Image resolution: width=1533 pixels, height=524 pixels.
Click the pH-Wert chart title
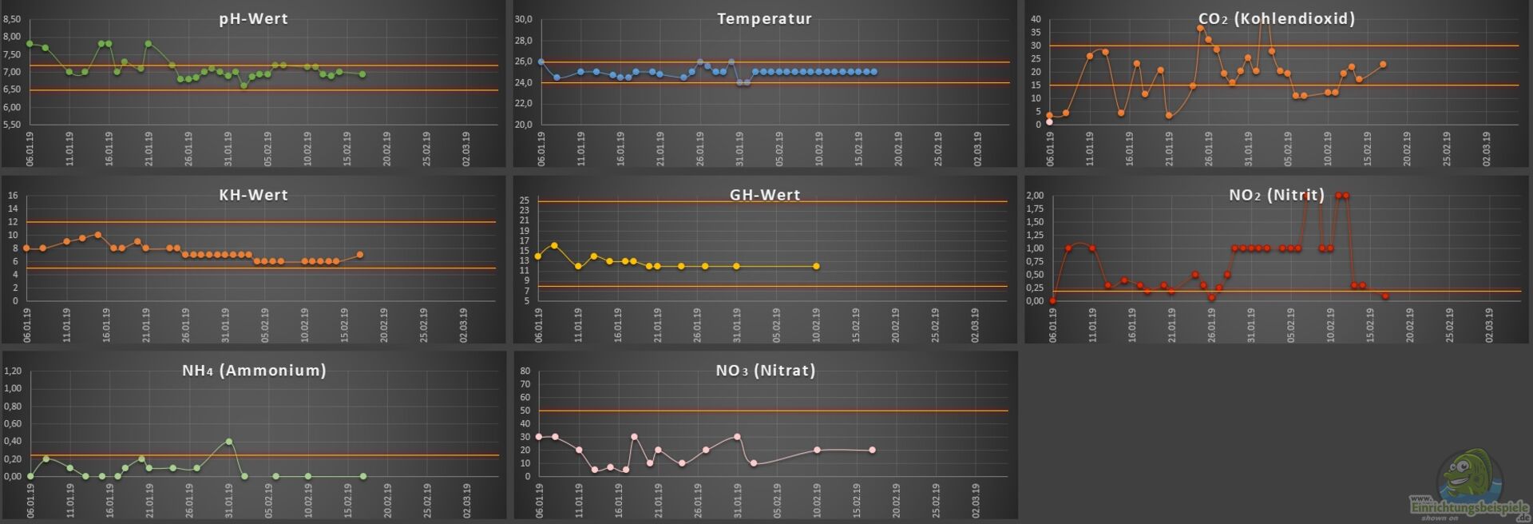tap(253, 19)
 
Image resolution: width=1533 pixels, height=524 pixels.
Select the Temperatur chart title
tap(764, 19)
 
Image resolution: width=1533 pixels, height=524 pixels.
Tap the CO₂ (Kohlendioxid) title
tap(1276, 19)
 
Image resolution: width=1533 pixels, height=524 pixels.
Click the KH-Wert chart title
tap(253, 195)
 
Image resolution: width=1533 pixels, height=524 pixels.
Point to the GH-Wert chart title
tap(764, 195)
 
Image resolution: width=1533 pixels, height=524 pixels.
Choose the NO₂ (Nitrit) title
tap(1276, 195)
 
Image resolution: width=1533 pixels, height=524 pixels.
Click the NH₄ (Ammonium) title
tap(254, 371)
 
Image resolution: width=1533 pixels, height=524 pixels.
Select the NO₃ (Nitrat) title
tap(765, 371)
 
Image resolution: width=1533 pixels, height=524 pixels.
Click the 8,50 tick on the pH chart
tap(12, 19)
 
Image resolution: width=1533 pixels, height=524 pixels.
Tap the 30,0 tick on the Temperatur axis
tap(523, 19)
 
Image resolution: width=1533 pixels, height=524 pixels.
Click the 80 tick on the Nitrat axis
tap(525, 371)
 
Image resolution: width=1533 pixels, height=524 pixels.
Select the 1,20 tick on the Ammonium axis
tap(12, 371)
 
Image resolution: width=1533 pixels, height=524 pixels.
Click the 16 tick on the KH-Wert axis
tap(13, 196)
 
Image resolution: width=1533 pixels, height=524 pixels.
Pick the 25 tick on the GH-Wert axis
tap(525, 200)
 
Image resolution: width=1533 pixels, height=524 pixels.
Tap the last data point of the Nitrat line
tap(872, 450)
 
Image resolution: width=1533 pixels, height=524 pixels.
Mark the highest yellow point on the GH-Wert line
tap(554, 246)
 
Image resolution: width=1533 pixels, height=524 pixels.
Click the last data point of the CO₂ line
tap(1383, 65)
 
